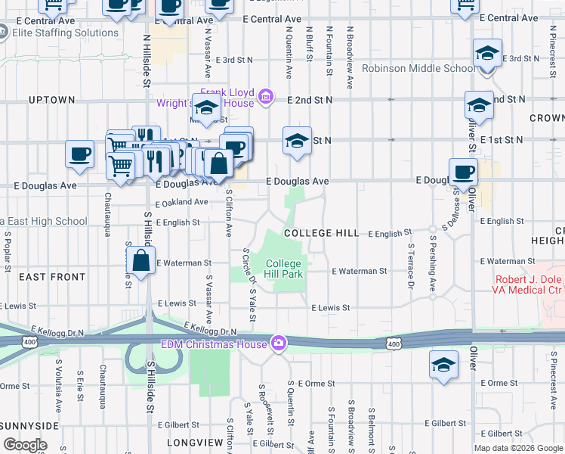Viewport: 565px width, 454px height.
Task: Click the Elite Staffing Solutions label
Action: [65, 33]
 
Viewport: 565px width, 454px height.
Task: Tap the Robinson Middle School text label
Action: [418, 68]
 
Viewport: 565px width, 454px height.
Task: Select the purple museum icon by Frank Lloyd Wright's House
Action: [265, 96]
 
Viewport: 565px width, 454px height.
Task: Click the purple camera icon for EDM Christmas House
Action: [279, 344]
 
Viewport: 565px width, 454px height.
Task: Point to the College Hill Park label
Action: [284, 269]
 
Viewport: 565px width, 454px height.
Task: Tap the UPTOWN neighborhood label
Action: [51, 100]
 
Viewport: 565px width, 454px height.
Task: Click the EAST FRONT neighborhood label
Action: [52, 278]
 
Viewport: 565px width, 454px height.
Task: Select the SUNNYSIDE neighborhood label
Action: [29, 426]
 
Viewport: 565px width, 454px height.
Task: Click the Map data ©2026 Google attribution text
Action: [518, 448]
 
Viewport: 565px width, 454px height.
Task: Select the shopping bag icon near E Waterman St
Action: [140, 261]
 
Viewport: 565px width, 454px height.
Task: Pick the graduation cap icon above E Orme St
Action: [443, 365]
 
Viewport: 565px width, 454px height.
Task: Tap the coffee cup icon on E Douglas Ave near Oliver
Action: [463, 172]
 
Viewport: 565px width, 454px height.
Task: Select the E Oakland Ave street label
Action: [181, 203]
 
